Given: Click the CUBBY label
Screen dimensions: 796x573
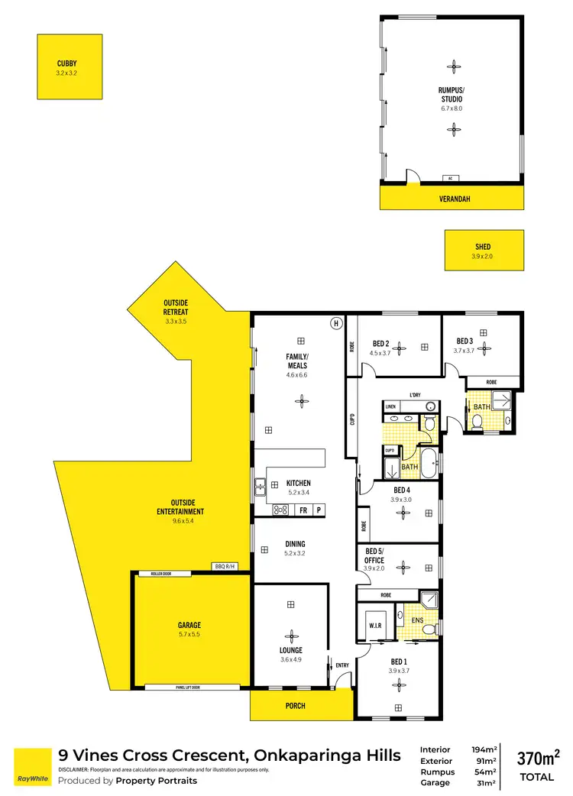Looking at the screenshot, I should click(66, 63).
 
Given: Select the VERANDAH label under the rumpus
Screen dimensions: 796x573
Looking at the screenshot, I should click(454, 199).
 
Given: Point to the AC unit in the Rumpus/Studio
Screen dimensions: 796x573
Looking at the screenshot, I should click(451, 179).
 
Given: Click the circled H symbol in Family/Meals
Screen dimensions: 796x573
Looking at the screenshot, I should click(335, 323).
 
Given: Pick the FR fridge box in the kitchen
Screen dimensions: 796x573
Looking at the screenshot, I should click(303, 510).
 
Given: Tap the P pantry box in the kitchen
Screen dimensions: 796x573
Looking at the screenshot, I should click(319, 510).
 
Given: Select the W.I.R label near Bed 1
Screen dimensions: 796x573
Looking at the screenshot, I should click(374, 625).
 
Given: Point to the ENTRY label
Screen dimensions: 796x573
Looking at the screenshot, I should click(342, 665).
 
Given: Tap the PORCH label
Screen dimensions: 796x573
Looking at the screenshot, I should click(296, 706).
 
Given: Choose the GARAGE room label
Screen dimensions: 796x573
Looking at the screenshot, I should click(189, 625).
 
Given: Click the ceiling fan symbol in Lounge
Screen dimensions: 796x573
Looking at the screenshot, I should click(290, 633).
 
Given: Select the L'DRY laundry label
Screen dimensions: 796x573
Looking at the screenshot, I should click(415, 395).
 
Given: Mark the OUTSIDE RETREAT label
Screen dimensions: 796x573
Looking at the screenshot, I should click(176, 307).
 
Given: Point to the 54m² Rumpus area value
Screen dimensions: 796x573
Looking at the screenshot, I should click(485, 772).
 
